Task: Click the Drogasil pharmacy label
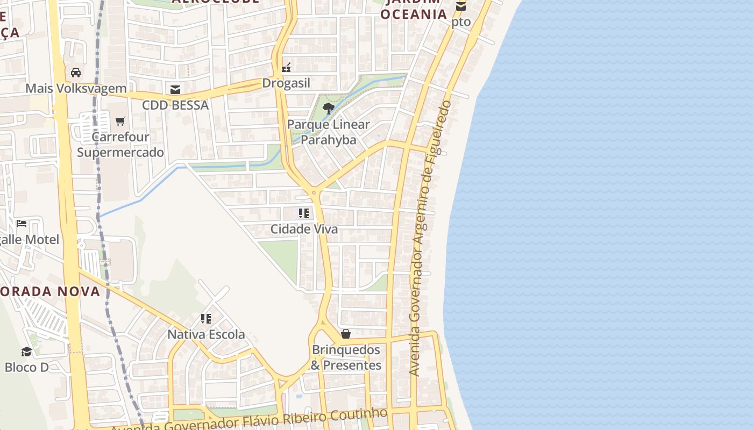[286, 83]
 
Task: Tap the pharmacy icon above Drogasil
[286, 68]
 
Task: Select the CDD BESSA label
[175, 105]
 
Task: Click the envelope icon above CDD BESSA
[175, 89]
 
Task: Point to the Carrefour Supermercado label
[120, 144]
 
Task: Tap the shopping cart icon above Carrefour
[120, 121]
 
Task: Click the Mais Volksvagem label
[76, 88]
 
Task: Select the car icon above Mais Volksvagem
[76, 73]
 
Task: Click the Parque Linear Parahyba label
[328, 132]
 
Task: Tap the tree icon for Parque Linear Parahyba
[328, 109]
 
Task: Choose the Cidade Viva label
[304, 229]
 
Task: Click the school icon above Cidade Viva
[304, 213]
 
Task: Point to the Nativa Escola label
[206, 334]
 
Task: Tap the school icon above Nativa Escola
[206, 319]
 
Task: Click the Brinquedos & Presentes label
[346, 357]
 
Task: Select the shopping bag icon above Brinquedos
[346, 334]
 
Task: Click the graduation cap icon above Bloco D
[26, 352]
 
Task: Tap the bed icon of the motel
[22, 224]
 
